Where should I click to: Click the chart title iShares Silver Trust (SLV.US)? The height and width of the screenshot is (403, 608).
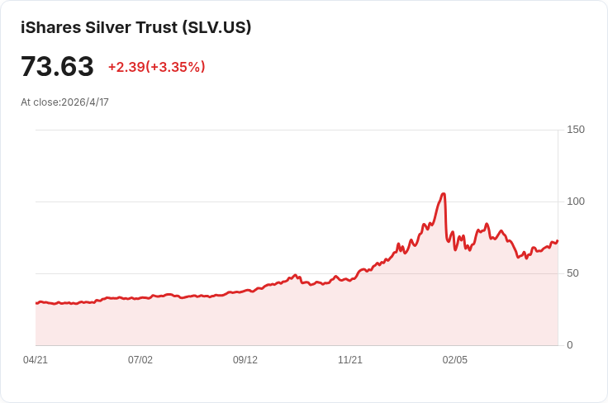click(135, 27)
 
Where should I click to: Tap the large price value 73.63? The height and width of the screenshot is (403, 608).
click(57, 67)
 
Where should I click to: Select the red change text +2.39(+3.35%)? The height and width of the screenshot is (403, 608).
click(156, 67)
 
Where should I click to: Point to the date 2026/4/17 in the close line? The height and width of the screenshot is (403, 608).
click(85, 102)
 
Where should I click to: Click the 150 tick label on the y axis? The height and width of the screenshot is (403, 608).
click(576, 130)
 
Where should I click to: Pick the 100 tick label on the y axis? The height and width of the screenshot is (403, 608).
click(576, 201)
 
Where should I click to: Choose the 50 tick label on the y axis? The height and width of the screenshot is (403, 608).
click(572, 273)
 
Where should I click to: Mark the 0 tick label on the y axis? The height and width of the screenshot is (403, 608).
click(570, 345)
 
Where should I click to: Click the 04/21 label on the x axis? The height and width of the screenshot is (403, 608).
click(36, 360)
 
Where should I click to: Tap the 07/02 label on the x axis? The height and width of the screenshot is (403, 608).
click(140, 360)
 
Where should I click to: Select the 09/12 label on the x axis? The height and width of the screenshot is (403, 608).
click(245, 360)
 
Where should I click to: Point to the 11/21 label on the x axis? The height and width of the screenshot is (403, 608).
click(350, 360)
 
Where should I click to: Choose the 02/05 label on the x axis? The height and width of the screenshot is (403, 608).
click(455, 360)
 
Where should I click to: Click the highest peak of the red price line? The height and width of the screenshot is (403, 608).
click(444, 194)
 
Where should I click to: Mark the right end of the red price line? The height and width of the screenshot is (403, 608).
click(558, 241)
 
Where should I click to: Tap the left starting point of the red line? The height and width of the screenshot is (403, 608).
click(36, 303)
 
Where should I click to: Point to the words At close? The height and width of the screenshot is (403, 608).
click(40, 102)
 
